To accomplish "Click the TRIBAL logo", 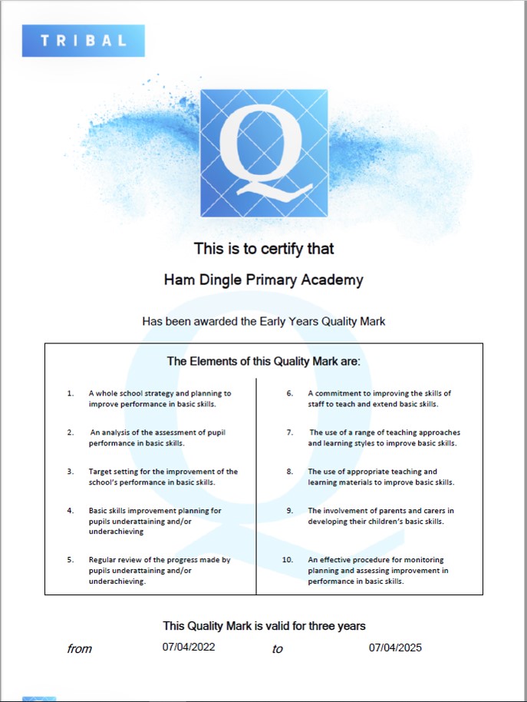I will tap(83, 41).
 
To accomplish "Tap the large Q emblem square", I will tap(264, 153).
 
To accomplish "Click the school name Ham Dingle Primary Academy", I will tap(263, 280).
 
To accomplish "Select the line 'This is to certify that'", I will tap(263, 249).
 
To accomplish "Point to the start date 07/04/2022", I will tap(189, 647).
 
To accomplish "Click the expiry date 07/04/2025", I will tap(395, 647).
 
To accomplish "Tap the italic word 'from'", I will tap(79, 649).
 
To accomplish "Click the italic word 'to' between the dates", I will tap(277, 649).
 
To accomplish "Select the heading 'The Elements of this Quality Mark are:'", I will tap(263, 361).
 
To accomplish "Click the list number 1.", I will tap(71, 393).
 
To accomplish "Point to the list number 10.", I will tap(288, 560).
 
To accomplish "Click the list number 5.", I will tap(71, 560).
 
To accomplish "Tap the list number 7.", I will tap(290, 432).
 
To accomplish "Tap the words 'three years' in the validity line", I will tap(335, 626).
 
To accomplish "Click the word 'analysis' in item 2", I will tap(118, 432).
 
